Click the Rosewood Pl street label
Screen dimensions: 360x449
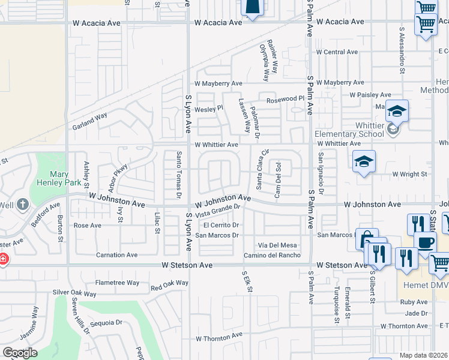tap(286, 99)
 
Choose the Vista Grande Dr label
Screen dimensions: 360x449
tap(217, 211)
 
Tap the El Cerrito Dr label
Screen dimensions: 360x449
tap(221, 225)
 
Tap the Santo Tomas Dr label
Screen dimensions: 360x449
tap(179, 175)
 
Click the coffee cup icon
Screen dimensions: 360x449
tap(426, 243)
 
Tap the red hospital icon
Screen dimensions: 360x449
tap(2, 260)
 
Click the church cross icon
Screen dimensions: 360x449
tap(23, 204)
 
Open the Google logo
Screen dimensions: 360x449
tap(20, 352)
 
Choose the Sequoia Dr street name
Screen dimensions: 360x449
tap(109, 322)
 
